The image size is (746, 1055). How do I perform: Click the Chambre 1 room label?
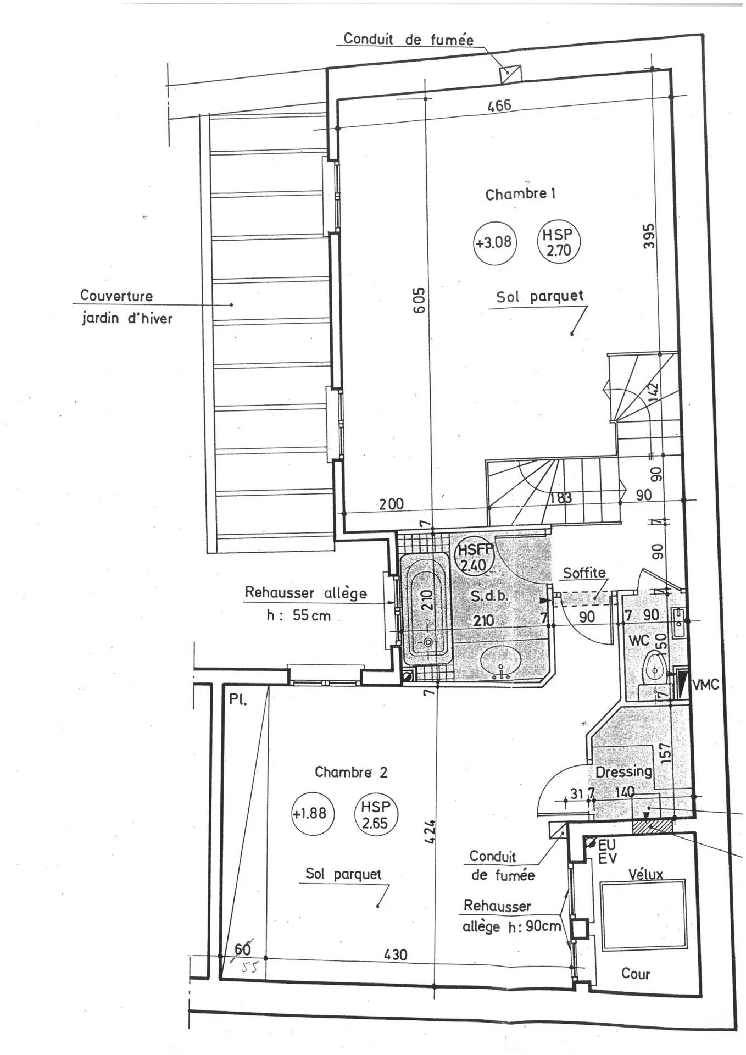520,194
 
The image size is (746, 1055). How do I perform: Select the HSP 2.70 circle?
558,242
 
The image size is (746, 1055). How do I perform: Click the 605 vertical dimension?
419,300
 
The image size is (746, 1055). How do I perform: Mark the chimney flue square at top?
510,73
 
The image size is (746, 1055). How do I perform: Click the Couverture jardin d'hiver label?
126,307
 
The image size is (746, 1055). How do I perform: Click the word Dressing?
623,771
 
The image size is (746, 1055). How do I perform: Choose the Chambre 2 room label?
350,772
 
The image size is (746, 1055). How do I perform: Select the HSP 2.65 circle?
375,814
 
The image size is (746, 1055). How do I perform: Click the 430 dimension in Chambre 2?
396,954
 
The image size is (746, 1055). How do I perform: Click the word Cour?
636,974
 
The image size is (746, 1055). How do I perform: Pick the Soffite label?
584,573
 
